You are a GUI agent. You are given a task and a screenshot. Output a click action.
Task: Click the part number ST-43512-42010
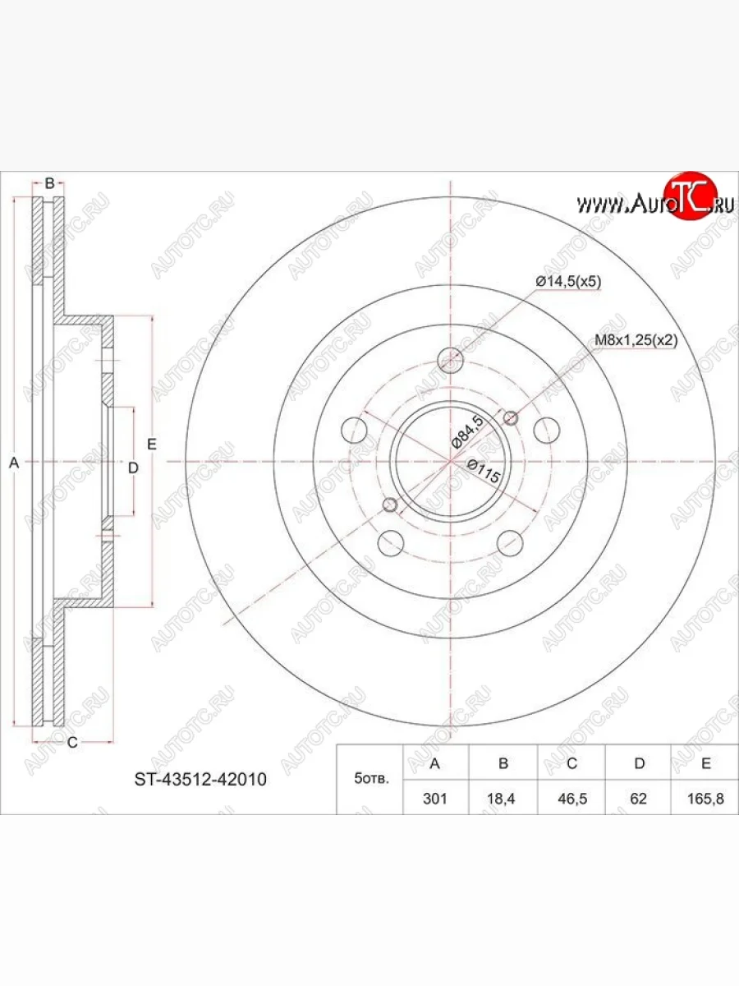pyautogui.click(x=200, y=779)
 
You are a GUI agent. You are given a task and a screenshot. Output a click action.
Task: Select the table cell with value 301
pyautogui.click(x=435, y=798)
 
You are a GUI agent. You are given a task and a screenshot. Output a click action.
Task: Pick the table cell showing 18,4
pyautogui.click(x=503, y=798)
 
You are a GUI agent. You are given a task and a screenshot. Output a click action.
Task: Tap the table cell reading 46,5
pyautogui.click(x=571, y=798)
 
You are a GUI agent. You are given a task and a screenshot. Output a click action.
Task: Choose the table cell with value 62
pyautogui.click(x=638, y=798)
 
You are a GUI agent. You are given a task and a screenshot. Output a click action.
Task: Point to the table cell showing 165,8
pyautogui.click(x=705, y=798)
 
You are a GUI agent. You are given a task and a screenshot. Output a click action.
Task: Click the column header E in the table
pyautogui.click(x=706, y=763)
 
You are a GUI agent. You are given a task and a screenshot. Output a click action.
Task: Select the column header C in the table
pyautogui.click(x=571, y=763)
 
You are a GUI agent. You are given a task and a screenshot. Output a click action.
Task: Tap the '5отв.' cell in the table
pyautogui.click(x=369, y=779)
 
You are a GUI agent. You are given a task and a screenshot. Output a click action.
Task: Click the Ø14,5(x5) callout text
pyautogui.click(x=568, y=282)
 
